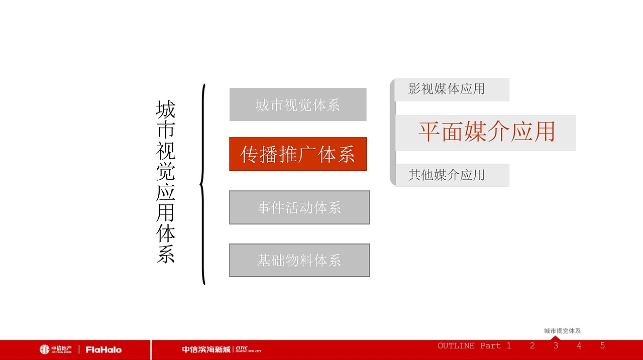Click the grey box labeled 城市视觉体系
(x=298, y=105)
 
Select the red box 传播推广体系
(x=298, y=154)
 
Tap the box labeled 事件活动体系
(x=299, y=207)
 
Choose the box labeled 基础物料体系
(x=299, y=260)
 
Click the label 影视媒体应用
(x=447, y=89)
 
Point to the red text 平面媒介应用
(x=486, y=132)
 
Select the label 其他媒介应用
(x=447, y=175)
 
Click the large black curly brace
(x=203, y=184)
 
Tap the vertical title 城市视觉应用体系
(x=166, y=182)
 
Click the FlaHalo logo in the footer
(x=103, y=349)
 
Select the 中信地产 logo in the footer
(x=56, y=349)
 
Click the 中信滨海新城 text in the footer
(x=206, y=349)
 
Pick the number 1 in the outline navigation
(x=509, y=346)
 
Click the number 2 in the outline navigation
(x=532, y=346)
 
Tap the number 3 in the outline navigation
(x=556, y=346)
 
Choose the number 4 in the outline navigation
(x=579, y=346)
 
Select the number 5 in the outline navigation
(x=602, y=346)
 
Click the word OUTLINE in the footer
(x=456, y=346)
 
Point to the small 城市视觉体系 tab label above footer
(x=562, y=331)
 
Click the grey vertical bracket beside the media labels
(x=392, y=132)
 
